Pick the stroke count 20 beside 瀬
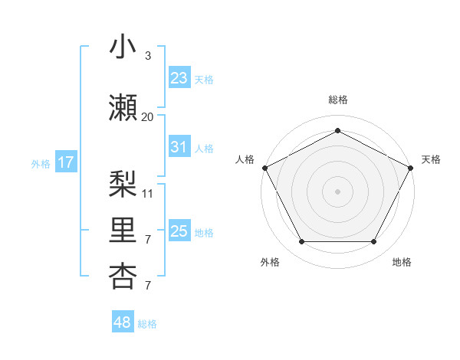click(148, 117)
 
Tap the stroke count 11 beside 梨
click(148, 193)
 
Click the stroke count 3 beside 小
click(148, 56)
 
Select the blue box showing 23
click(179, 77)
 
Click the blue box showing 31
click(179, 147)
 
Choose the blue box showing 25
click(179, 231)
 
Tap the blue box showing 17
click(65, 162)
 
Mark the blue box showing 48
click(123, 322)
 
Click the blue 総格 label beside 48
click(148, 324)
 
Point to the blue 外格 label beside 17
click(41, 163)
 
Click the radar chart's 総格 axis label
click(337, 100)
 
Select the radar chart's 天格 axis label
click(431, 159)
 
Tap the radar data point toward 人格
click(264, 167)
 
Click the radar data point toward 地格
click(373, 242)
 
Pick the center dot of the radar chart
click(337, 191)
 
